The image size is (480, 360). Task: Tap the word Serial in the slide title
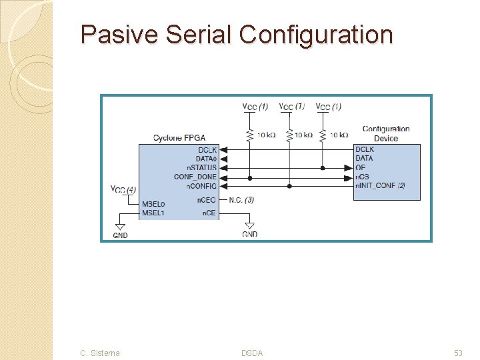(198, 34)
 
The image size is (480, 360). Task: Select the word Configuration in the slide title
(316, 34)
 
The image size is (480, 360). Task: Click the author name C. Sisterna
(100, 353)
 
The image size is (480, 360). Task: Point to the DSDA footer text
(252, 353)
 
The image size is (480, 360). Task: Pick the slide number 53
(458, 353)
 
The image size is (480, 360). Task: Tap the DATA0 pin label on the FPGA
(206, 159)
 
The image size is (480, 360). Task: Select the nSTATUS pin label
(201, 168)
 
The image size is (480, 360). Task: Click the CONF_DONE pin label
(195, 177)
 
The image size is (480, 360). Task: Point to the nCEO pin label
(206, 200)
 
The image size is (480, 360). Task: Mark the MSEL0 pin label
(153, 204)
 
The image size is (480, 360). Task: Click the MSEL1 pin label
(153, 213)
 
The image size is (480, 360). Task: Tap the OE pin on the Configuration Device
(361, 168)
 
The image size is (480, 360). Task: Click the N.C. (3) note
(241, 200)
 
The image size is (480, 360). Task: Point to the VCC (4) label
(123, 189)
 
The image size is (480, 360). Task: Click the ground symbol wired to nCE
(250, 225)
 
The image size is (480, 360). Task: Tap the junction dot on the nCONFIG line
(289, 186)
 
